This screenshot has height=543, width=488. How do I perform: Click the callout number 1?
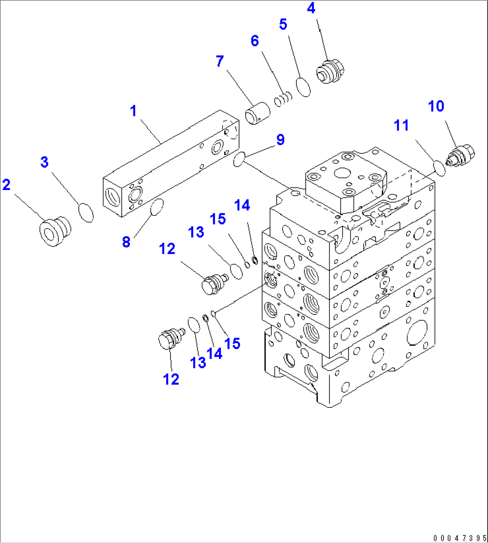click(x=133, y=111)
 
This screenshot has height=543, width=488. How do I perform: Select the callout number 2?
click(x=6, y=185)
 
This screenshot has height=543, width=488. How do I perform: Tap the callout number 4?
click(x=311, y=9)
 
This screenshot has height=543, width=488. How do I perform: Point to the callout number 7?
click(x=219, y=61)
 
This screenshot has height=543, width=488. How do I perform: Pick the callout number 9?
click(x=280, y=140)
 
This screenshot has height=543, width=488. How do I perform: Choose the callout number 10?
click(x=436, y=106)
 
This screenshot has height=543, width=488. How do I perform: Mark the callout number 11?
click(x=401, y=125)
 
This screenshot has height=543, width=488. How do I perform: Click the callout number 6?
click(x=254, y=41)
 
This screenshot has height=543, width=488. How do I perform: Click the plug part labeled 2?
click(x=55, y=230)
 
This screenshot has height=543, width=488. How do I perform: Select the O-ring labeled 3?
click(x=86, y=212)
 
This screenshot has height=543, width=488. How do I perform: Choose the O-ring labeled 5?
click(x=304, y=87)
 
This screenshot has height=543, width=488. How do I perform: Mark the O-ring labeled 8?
click(x=156, y=207)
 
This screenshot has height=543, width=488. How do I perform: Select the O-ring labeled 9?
click(x=239, y=159)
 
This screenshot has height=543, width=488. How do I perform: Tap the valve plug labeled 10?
click(x=461, y=156)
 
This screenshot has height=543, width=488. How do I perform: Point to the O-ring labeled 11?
click(x=440, y=169)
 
